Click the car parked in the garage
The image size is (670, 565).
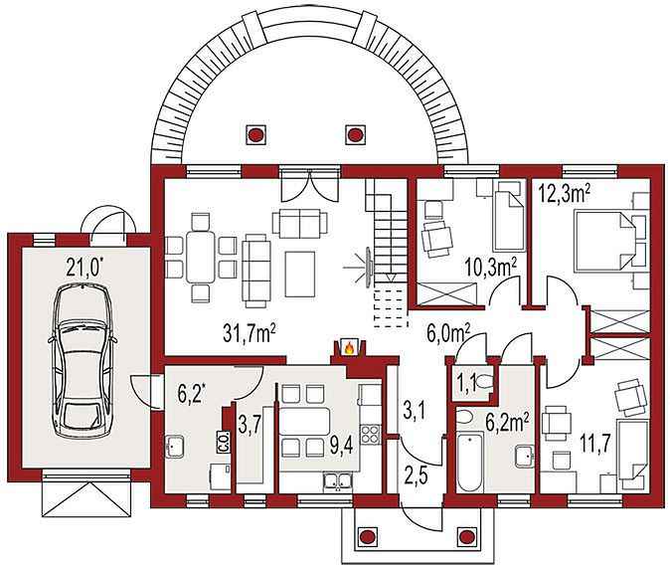click(x=83, y=360)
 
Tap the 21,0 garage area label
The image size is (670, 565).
click(x=85, y=268)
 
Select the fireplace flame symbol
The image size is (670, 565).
click(x=349, y=348)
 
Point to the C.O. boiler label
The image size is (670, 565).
click(x=224, y=441)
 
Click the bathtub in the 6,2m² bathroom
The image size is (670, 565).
click(x=469, y=462)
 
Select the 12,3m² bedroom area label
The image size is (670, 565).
click(x=565, y=194)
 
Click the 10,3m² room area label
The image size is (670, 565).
click(x=491, y=269)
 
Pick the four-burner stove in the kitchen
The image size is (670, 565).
click(x=370, y=434)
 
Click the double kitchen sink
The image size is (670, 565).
click(x=338, y=480)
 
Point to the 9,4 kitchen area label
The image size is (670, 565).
click(x=341, y=447)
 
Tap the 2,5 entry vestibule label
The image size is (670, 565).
click(x=417, y=476)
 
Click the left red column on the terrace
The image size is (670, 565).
click(x=255, y=134)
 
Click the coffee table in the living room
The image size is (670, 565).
click(x=300, y=274)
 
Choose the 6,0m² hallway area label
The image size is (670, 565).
click(x=448, y=332)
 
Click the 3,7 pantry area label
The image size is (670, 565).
click(x=250, y=426)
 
